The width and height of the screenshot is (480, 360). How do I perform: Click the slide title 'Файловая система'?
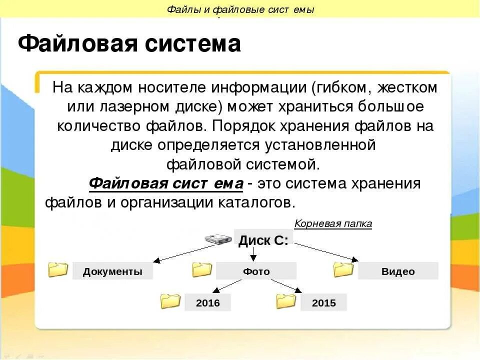(129, 44)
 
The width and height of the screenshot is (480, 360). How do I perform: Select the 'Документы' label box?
(112, 271)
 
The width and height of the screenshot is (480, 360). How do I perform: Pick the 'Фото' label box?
(256, 271)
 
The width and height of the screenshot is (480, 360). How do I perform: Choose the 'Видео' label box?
(398, 271)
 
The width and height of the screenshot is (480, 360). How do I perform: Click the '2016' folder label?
(207, 302)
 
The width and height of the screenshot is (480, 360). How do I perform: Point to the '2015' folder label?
(323, 302)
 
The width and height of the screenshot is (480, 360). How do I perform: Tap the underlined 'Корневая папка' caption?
(333, 223)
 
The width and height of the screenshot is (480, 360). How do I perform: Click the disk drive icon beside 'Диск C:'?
(219, 239)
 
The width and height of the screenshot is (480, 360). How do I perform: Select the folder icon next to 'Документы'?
(58, 269)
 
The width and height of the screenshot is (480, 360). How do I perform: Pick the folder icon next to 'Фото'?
(202, 269)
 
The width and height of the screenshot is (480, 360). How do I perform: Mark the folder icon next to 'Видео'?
(343, 269)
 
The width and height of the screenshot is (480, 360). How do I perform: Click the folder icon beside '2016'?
(170, 300)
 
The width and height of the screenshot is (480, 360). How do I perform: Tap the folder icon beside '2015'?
(286, 300)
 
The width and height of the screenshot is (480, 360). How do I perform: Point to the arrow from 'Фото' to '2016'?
(227, 285)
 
